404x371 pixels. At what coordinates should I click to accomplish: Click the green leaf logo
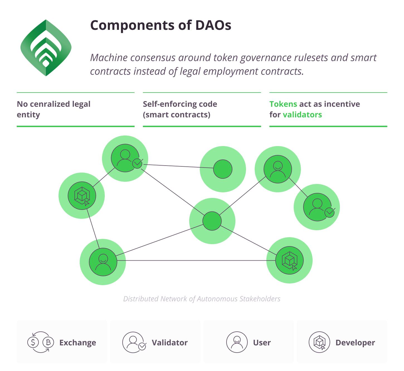point(46,48)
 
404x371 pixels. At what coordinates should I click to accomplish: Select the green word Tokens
point(283,104)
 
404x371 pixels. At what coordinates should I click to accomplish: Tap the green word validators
point(302,115)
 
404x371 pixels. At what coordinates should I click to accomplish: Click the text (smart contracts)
point(176,115)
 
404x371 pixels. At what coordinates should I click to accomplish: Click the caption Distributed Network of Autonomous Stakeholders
point(202,299)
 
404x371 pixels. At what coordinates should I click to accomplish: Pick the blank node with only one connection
point(223,169)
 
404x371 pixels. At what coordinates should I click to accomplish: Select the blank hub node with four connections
point(212,221)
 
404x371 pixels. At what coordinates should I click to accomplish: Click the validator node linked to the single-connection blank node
point(125,158)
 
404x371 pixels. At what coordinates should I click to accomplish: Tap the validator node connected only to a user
point(317,207)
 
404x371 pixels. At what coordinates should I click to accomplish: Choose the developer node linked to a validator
point(82,196)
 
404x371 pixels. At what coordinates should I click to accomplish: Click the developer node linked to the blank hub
point(289,260)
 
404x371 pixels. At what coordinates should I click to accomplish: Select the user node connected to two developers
point(103,262)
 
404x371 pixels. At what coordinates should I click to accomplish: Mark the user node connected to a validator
point(278,169)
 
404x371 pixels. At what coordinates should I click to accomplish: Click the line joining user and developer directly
point(195,261)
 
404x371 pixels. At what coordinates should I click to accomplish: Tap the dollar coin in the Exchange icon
point(33,342)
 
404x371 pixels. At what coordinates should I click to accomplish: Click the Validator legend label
point(169,343)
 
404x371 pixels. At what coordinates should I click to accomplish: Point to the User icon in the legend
point(237,342)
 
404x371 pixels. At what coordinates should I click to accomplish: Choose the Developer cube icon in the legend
point(319,342)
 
